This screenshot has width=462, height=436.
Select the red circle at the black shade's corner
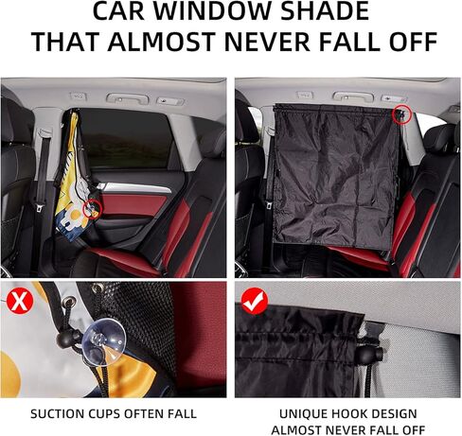[403, 113]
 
